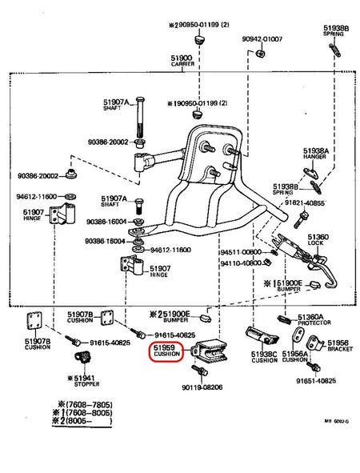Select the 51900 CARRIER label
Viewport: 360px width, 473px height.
(x=181, y=62)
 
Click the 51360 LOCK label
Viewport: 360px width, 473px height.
(x=318, y=242)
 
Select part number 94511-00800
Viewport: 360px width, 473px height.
(x=241, y=251)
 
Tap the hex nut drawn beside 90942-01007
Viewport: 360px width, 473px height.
(x=262, y=54)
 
